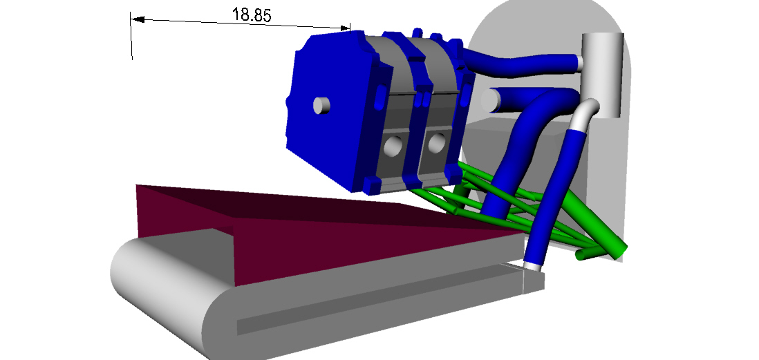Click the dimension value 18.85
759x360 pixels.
252,15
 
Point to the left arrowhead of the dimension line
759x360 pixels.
138,19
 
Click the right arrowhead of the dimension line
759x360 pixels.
346,28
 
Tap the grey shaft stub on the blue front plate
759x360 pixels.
321,105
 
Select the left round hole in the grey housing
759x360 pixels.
393,146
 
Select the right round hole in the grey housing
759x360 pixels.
437,144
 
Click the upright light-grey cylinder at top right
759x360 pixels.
602,75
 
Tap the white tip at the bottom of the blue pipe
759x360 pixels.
532,265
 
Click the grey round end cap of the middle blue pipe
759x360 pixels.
491,100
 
